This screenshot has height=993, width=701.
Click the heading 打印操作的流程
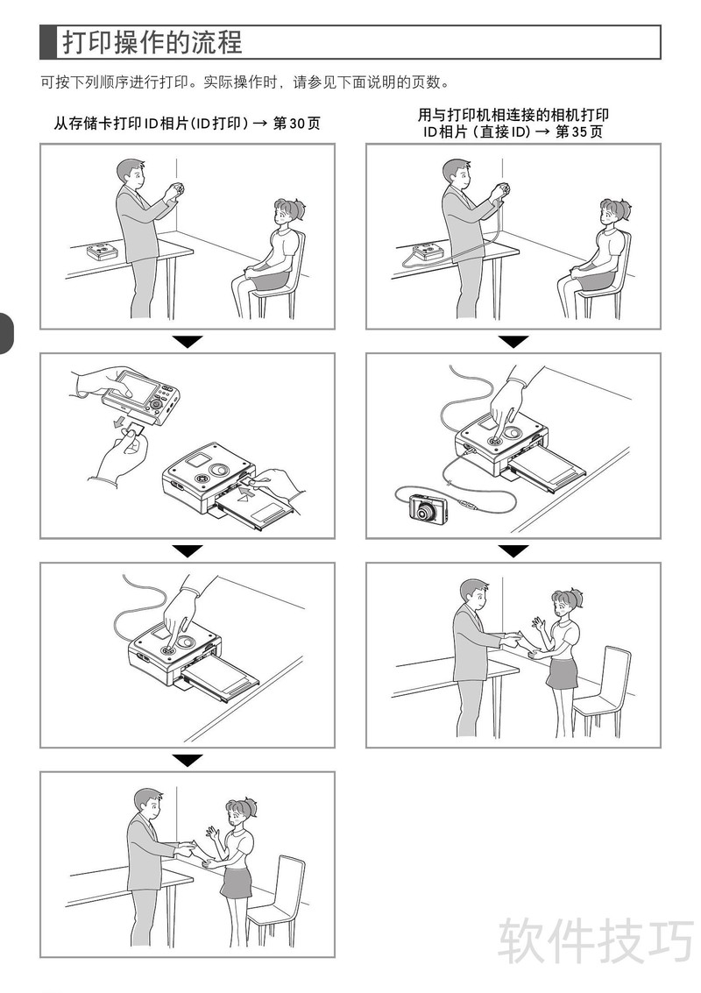click(152, 42)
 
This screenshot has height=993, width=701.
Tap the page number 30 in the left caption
click(297, 123)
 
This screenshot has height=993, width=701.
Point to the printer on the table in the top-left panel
click(102, 252)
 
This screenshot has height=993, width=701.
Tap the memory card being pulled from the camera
click(134, 429)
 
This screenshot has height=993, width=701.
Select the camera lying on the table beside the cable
click(428, 508)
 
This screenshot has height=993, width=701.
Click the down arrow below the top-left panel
click(188, 341)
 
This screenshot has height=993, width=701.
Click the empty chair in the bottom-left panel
click(278, 900)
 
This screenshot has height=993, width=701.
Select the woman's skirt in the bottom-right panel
click(563, 673)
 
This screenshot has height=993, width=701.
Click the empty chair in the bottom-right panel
click(602, 691)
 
